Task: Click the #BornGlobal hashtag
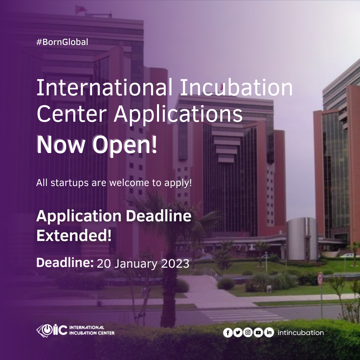pos(62,42)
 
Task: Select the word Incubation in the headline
pos(236,87)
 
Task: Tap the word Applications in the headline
pos(178,114)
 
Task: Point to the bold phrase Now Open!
pos(97,145)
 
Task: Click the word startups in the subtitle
pos(70,183)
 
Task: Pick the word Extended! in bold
pos(74,235)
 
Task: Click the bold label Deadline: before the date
pos(65,262)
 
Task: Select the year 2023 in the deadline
pos(175,264)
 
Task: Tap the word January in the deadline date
pos(136,264)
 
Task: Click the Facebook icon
pos(228,333)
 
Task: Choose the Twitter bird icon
pos(238,333)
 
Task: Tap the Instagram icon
pos(248,332)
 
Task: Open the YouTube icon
pos(258,332)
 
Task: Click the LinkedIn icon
pos(269,332)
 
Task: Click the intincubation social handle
pos(301,333)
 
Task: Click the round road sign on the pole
pos(320,279)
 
